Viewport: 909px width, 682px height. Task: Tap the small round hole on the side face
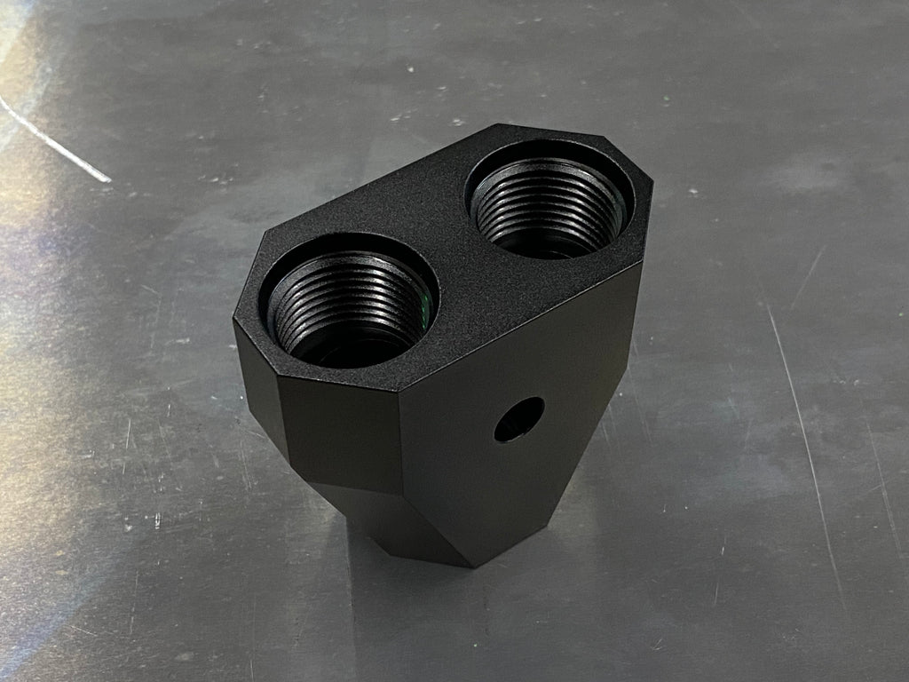[x=519, y=419]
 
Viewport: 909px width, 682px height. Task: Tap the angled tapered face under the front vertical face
[x=391, y=524]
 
